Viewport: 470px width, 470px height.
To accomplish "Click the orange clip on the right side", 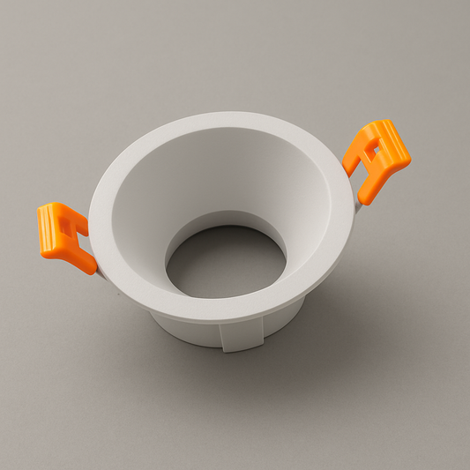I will click(377, 159).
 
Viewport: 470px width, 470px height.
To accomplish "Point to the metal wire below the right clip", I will click(358, 199).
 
